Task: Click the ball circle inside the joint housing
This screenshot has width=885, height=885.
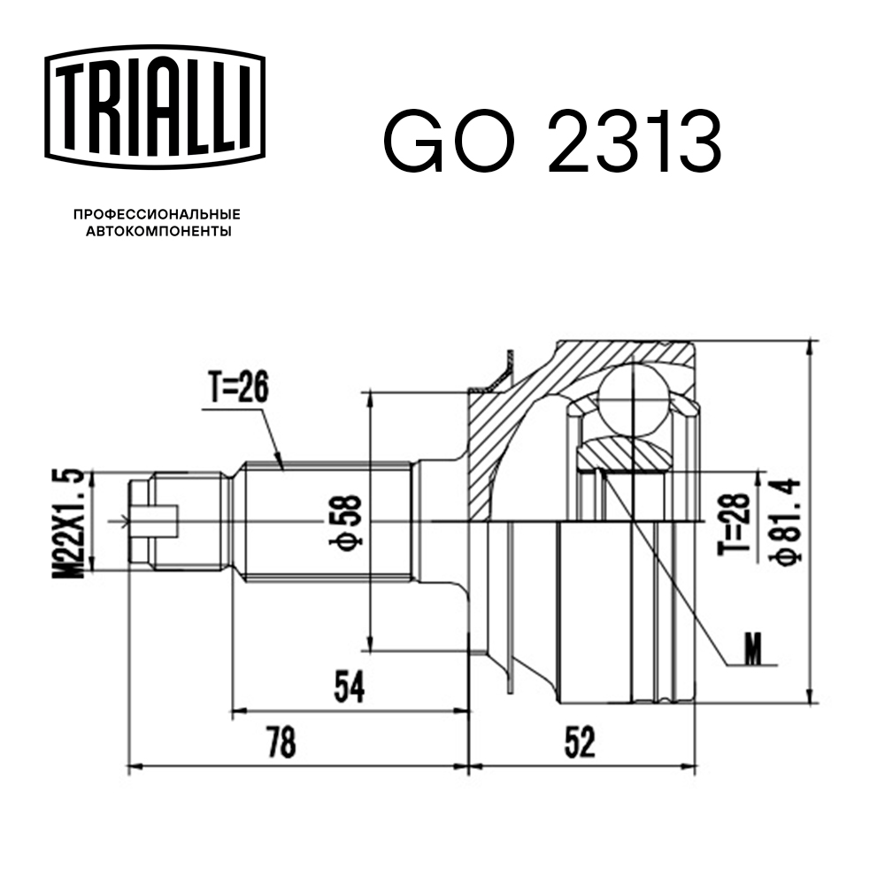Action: [635, 399]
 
